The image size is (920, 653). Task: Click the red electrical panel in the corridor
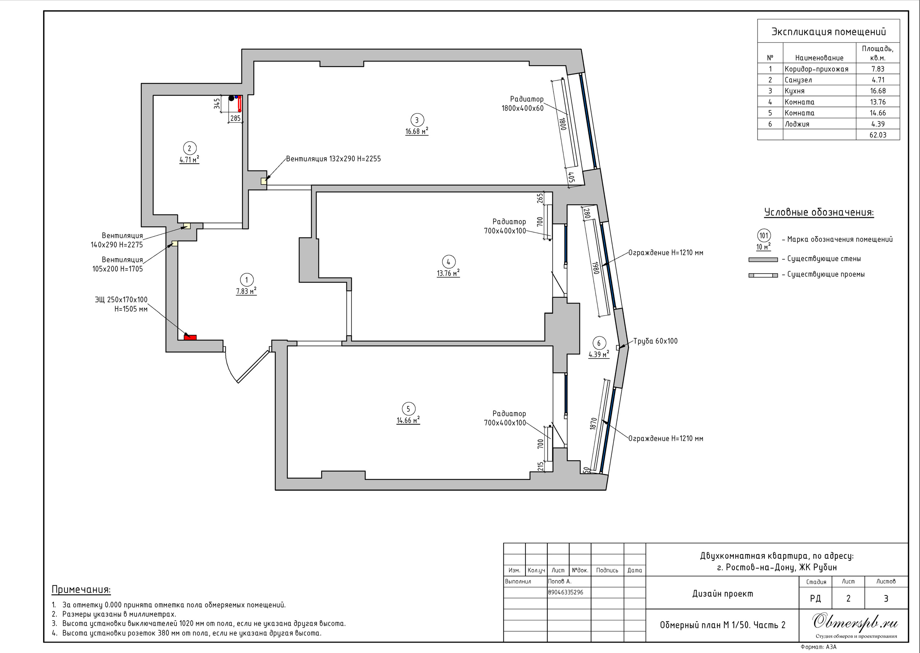(190, 337)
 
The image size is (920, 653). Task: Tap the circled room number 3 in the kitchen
(417, 120)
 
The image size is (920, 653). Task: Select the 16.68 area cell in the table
(878, 91)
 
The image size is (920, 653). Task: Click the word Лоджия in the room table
(797, 124)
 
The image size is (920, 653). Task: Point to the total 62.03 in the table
(878, 135)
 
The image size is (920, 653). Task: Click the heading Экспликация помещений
(828, 32)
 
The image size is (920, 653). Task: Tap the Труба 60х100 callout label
(655, 341)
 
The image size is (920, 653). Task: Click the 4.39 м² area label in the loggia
(599, 354)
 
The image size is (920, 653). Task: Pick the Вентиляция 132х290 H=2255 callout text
(333, 159)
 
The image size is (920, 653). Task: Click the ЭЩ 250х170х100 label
(121, 300)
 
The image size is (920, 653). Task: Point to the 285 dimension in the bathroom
(235, 118)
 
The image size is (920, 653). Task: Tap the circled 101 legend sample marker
(764, 236)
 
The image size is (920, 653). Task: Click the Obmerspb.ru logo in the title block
(855, 622)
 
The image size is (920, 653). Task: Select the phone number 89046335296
(566, 592)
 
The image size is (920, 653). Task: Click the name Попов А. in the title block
(560, 581)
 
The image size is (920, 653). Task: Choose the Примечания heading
(81, 589)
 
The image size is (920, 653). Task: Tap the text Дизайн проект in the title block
(722, 594)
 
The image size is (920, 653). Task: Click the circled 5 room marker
(408, 409)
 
